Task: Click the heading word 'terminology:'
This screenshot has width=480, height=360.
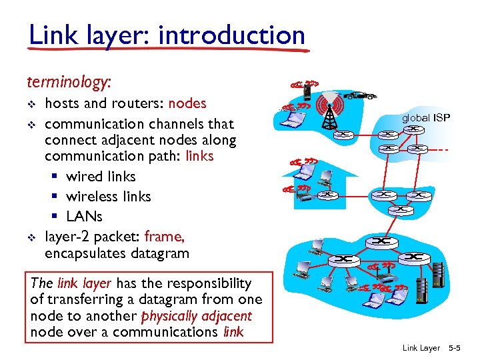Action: tap(69, 82)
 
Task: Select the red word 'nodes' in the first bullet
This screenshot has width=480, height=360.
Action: tap(187, 103)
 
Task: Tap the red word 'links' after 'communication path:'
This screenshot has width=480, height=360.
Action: tap(199, 157)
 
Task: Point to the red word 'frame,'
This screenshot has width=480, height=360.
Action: tap(164, 237)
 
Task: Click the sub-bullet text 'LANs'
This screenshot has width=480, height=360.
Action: tap(84, 217)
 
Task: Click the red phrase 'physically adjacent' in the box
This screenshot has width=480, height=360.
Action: tap(207, 316)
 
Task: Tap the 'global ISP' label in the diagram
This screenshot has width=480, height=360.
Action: tap(425, 118)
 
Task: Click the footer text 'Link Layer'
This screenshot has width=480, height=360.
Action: tap(421, 348)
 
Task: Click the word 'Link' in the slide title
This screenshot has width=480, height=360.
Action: tap(51, 35)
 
